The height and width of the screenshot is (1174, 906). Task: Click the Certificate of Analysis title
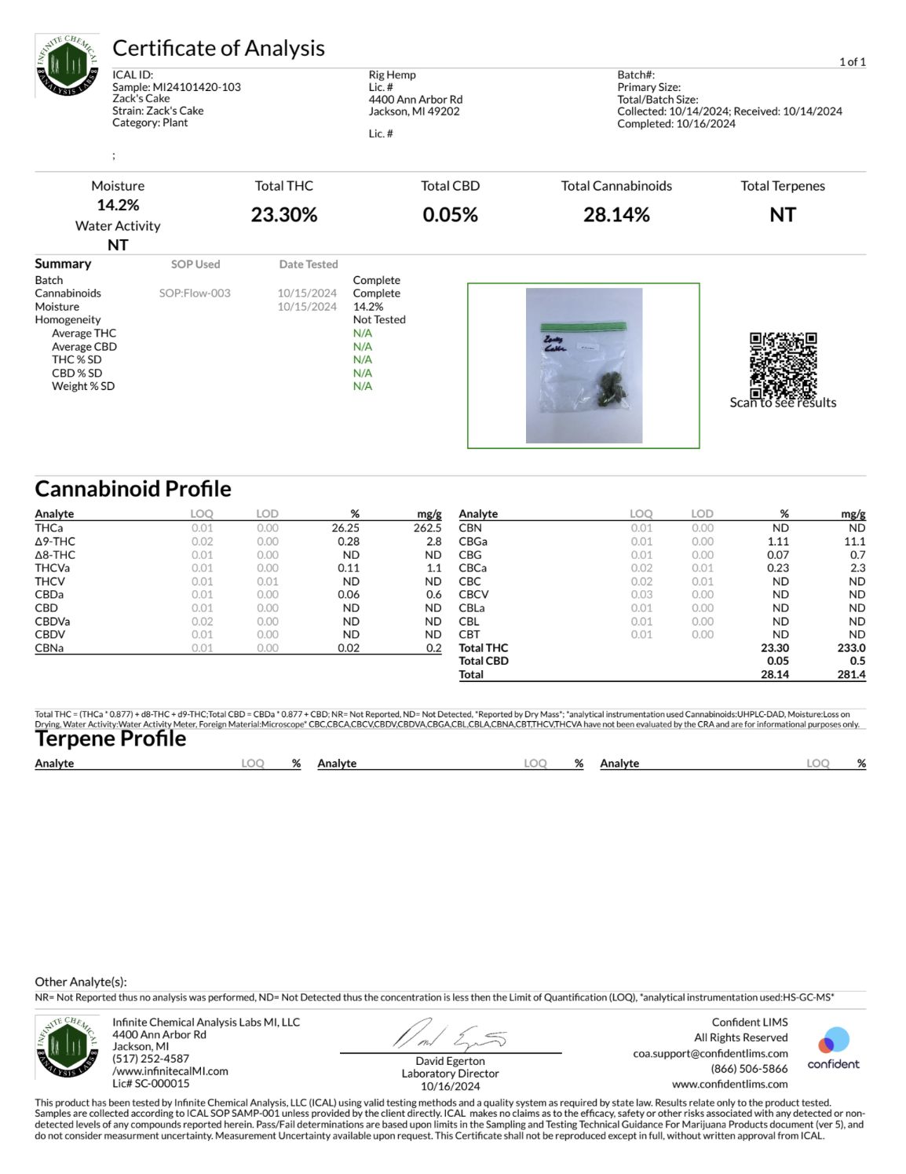tap(218, 49)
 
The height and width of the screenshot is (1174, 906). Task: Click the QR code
tap(783, 366)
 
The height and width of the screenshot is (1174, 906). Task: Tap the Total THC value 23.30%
tap(283, 215)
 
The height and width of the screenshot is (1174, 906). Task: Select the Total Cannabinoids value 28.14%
tap(616, 215)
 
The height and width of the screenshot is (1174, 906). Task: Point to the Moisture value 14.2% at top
tap(118, 205)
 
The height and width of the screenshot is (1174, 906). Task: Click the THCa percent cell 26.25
tap(345, 528)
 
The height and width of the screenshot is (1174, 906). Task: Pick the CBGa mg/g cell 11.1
tap(854, 541)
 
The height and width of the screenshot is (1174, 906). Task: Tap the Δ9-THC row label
tap(55, 541)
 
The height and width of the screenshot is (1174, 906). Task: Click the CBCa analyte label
tap(473, 568)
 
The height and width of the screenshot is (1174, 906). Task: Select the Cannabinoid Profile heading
tap(133, 489)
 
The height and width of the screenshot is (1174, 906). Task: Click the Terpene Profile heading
tap(111, 738)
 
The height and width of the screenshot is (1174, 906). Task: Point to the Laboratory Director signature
tap(450, 1036)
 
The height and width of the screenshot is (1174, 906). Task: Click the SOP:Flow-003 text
tap(195, 293)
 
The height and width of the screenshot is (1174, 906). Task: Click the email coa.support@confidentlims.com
tap(711, 1053)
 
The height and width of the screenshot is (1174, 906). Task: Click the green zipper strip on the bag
tap(583, 326)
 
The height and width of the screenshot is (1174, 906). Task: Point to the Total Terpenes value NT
tap(782, 215)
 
